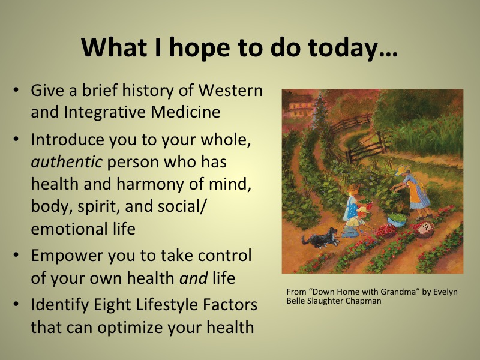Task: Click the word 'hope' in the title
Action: pos(199,49)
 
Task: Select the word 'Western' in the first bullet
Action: pos(231,90)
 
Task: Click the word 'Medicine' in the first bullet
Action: pos(185,112)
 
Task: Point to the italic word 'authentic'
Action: pos(67,161)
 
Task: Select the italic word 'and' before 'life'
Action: pos(193,278)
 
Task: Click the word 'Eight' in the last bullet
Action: pos(112,305)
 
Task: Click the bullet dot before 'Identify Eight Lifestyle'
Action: pos(16,305)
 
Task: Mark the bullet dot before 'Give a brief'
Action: pos(16,91)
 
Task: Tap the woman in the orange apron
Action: pos(413,191)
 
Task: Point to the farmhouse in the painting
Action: pos(298,106)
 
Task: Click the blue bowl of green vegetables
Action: pos(397,220)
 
